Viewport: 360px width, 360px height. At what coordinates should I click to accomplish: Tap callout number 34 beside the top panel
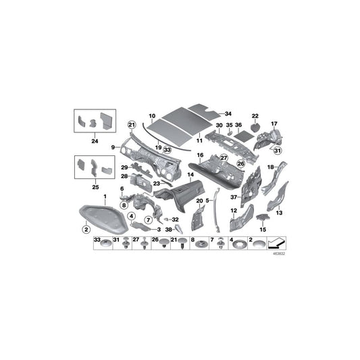228,113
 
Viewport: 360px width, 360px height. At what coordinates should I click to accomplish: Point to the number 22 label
255,115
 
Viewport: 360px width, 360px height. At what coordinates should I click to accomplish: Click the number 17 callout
274,124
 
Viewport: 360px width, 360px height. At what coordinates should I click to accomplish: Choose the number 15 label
263,230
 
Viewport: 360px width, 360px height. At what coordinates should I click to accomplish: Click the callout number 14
190,176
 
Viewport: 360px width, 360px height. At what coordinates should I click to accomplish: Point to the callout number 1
105,197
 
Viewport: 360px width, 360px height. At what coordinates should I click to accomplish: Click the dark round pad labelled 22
255,126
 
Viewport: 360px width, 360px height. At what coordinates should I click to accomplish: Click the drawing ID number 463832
279,255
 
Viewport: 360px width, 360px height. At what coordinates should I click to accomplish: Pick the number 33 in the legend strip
96,240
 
